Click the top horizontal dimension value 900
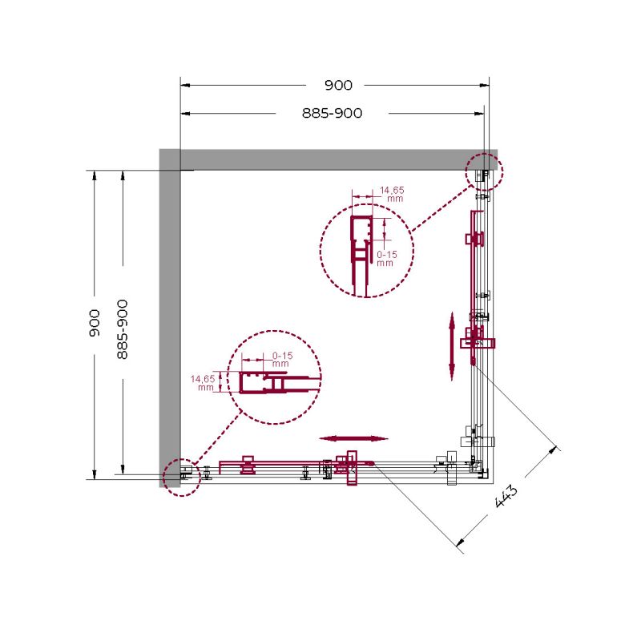pos(338,85)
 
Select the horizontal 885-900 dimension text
pos(332,113)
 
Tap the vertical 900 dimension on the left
pos(95,323)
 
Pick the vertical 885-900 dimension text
pos(123,329)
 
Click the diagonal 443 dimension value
pos(506,496)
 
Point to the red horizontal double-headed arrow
pos(353,438)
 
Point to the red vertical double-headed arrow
pos(452,346)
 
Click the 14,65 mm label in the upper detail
pos(392,194)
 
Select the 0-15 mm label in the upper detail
pos(386,259)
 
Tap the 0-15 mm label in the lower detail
pos(283,359)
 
